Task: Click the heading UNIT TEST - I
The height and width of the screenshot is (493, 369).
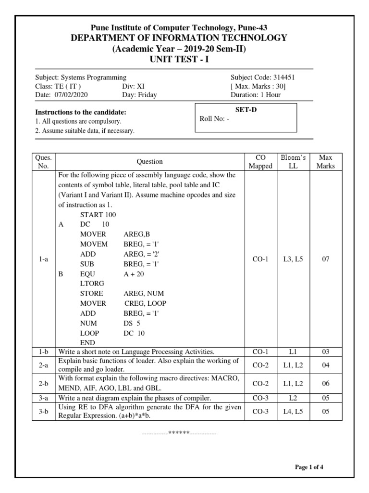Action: pyautogui.click(x=180, y=59)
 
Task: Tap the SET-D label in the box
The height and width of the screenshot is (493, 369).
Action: pyautogui.click(x=246, y=110)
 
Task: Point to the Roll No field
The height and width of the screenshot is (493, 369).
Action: pyautogui.click(x=214, y=119)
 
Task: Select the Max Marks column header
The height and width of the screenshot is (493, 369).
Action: pyautogui.click(x=325, y=161)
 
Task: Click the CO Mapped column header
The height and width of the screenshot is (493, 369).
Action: pyautogui.click(x=260, y=161)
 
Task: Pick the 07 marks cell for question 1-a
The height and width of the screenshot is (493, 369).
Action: pyautogui.click(x=325, y=259)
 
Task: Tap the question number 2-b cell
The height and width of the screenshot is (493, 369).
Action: pyautogui.click(x=43, y=383)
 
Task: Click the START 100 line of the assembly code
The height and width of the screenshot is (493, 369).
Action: pyautogui.click(x=98, y=214)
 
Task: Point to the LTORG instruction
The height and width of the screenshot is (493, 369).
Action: pyautogui.click(x=92, y=283)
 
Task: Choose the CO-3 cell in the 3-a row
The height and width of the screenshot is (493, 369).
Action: pyautogui.click(x=260, y=398)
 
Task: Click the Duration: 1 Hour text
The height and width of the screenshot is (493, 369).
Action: pyautogui.click(x=256, y=95)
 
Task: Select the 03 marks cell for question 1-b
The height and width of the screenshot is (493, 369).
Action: pyautogui.click(x=325, y=352)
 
